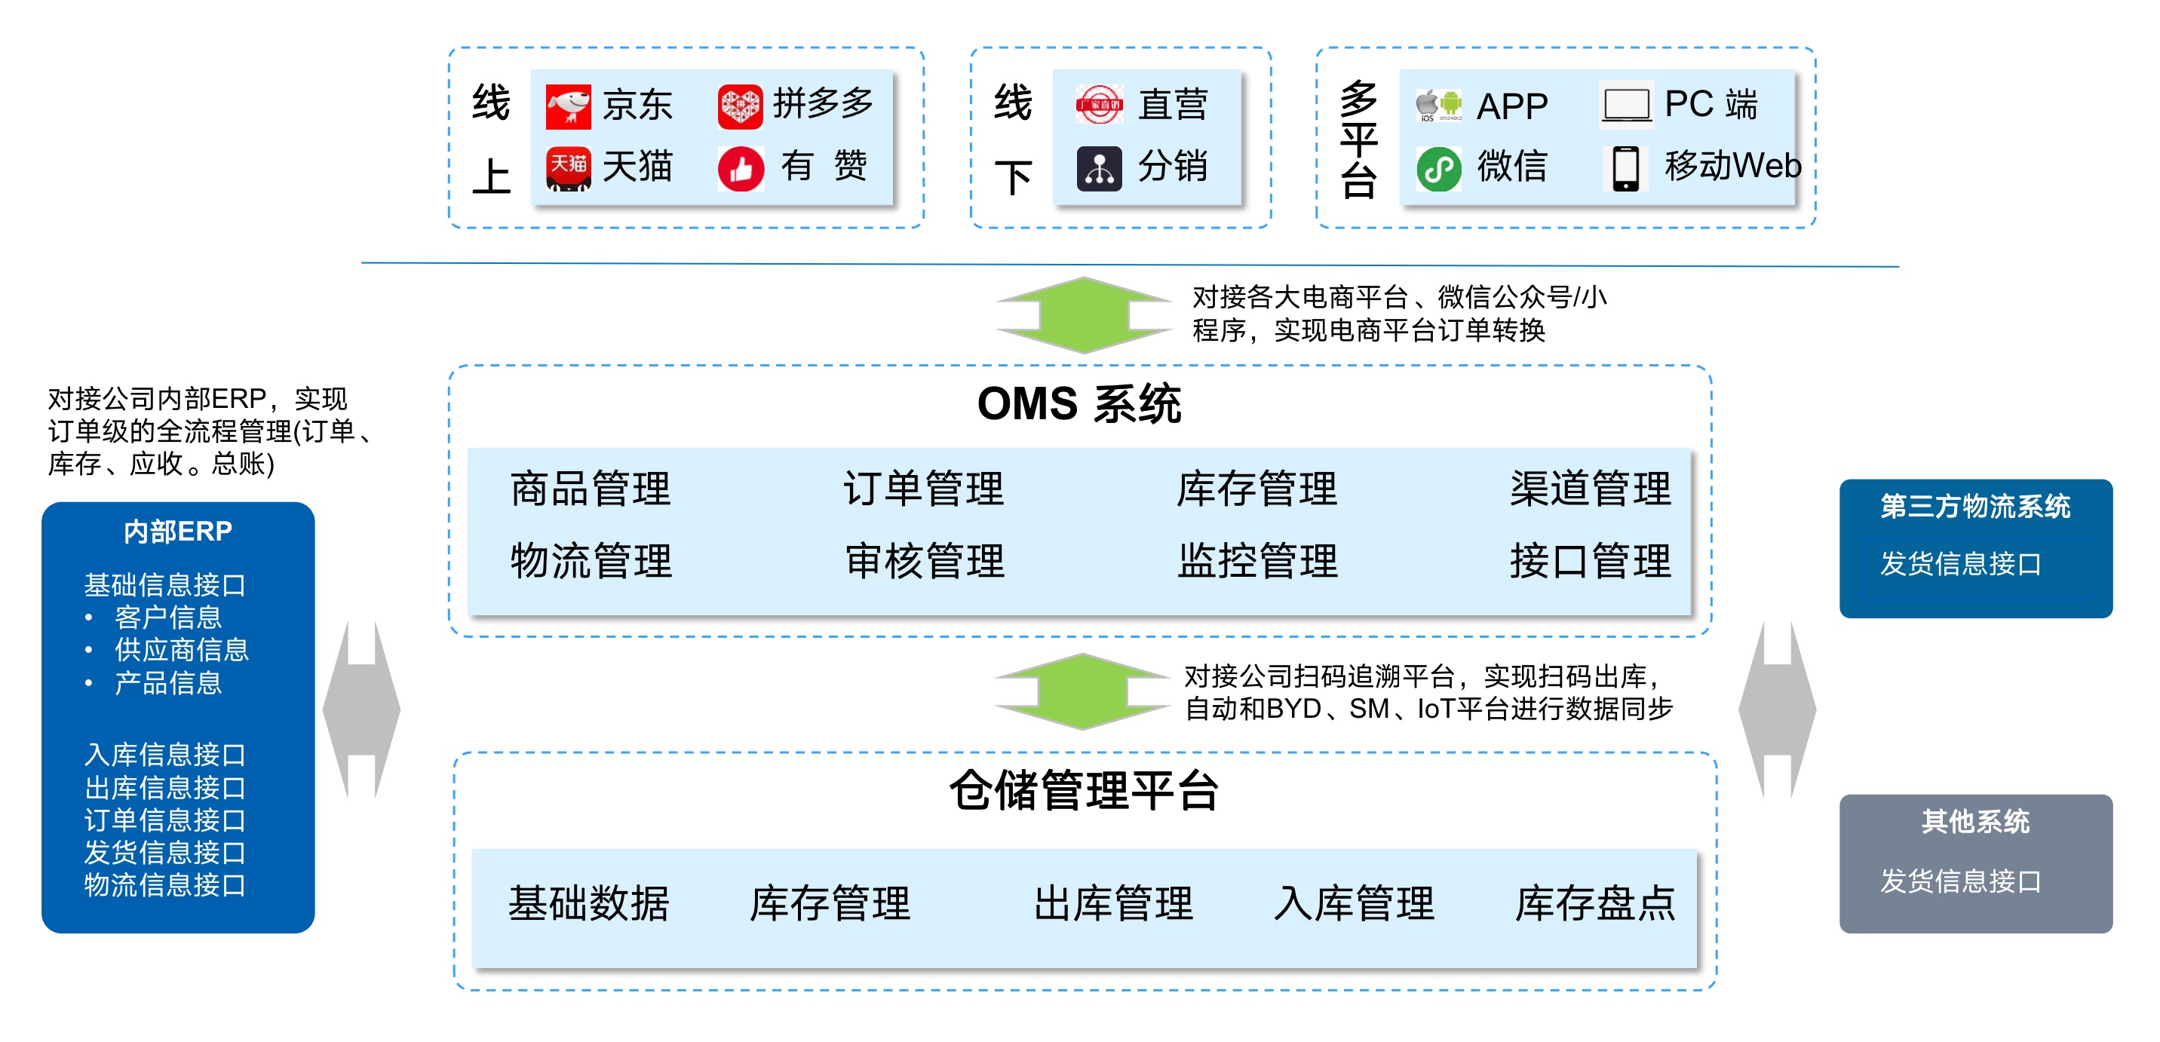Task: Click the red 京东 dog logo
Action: tap(568, 106)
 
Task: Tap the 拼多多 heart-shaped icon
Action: tap(740, 106)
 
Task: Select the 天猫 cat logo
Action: tap(568, 167)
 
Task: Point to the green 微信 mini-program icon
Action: tap(1438, 168)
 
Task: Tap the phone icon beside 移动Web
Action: tap(1625, 167)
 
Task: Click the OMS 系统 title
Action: tap(1079, 404)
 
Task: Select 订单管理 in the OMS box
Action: tap(923, 489)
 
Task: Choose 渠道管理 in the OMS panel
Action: tap(1590, 489)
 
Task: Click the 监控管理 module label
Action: tap(1257, 561)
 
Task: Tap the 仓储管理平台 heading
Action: tap(1083, 790)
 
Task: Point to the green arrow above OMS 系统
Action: tap(1083, 315)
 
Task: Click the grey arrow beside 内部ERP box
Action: tap(361, 709)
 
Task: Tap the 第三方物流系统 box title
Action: tap(1974, 507)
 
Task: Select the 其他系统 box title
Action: tap(1974, 822)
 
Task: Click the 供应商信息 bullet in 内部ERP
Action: tap(181, 650)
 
